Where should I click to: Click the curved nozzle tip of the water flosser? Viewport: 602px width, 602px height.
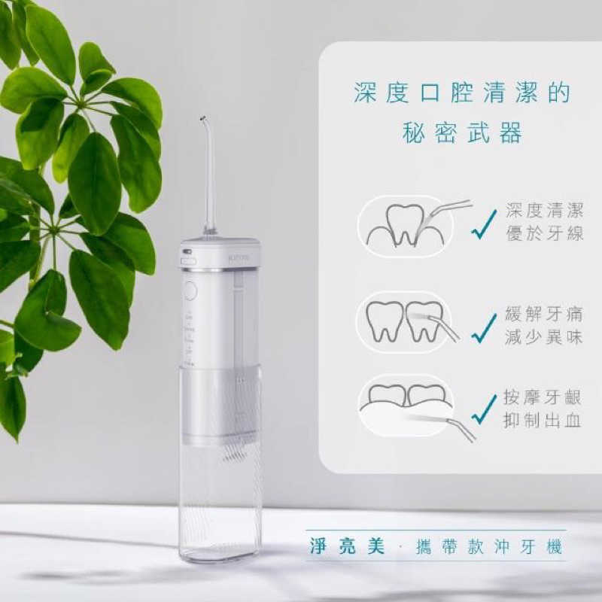[203, 120]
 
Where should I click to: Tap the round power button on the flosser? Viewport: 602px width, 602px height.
[190, 290]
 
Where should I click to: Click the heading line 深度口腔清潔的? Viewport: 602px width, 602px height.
[462, 93]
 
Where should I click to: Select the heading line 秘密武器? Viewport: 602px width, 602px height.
[462, 134]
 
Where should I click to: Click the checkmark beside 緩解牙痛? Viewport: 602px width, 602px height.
[484, 327]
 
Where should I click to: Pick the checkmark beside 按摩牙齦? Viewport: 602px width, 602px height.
[484, 409]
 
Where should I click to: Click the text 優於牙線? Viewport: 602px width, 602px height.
[544, 233]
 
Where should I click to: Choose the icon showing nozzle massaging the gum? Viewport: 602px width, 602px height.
[406, 406]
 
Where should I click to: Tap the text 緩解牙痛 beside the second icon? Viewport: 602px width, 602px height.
[544, 315]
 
